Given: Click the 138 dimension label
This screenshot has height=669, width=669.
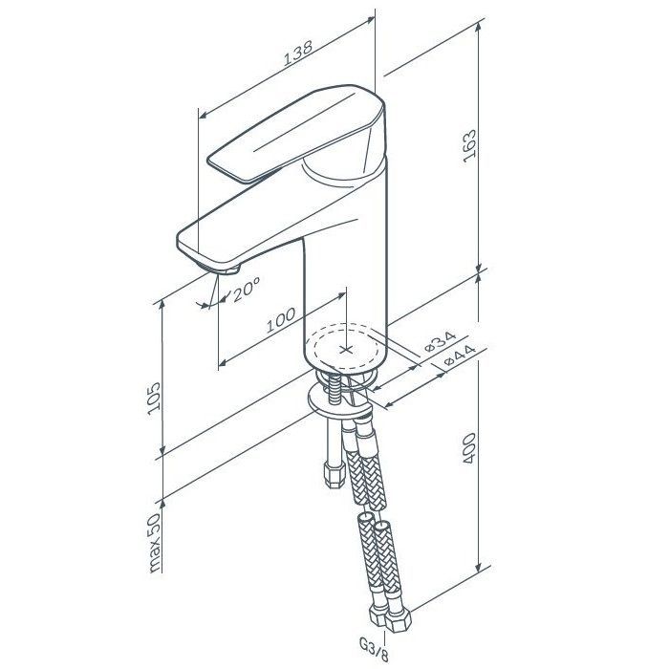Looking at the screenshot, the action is (298, 53).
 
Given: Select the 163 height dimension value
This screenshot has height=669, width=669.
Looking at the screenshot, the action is (470, 146).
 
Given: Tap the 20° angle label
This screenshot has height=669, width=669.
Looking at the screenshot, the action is (247, 289).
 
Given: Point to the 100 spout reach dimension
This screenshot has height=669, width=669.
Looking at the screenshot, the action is (281, 320).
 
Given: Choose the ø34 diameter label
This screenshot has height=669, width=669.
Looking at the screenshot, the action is (440, 340).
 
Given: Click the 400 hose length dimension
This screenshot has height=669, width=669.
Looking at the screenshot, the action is (469, 448).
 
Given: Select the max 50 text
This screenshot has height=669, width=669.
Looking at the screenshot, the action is (154, 542).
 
